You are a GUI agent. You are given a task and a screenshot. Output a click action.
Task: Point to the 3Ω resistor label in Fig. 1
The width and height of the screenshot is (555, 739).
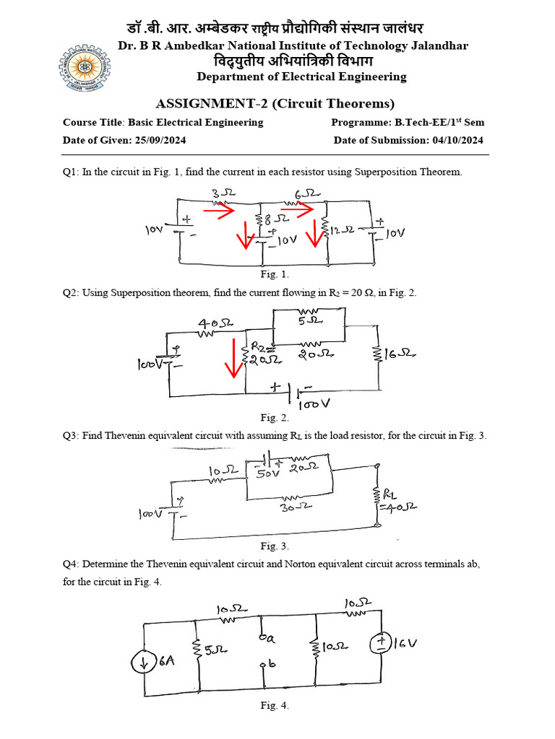pyautogui.click(x=220, y=193)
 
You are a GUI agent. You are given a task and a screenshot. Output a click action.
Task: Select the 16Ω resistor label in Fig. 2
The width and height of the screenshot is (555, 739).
pyautogui.click(x=403, y=354)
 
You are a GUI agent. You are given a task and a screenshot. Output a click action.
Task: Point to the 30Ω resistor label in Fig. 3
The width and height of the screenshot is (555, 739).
pyautogui.click(x=294, y=507)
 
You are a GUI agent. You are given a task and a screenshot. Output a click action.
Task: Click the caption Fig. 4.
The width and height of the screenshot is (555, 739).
pyautogui.click(x=275, y=706)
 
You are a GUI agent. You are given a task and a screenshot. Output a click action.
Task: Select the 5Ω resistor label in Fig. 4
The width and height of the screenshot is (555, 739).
pyautogui.click(x=215, y=650)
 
